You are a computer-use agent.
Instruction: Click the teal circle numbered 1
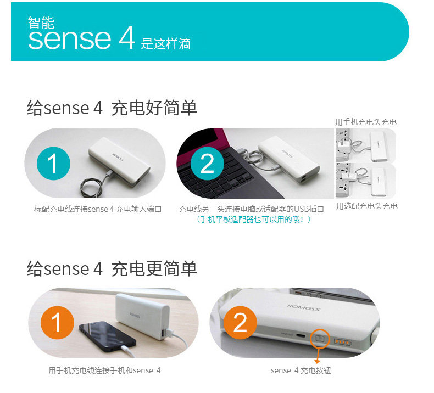53,164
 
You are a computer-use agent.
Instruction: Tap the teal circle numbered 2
207,164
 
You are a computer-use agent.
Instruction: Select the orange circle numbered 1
57,323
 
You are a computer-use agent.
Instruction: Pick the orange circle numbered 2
240,323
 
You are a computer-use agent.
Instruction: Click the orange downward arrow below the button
318,358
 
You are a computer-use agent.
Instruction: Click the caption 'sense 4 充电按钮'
301,370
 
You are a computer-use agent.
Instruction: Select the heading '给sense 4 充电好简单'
112,108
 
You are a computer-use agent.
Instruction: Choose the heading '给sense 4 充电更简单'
112,268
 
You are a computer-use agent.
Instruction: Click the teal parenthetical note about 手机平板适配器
254,220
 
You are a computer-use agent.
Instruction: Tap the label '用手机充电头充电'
366,122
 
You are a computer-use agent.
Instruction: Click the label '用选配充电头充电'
366,206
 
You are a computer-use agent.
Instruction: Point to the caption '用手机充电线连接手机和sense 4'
104,370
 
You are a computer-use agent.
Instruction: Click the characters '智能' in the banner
41,23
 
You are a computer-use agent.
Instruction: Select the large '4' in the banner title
126,38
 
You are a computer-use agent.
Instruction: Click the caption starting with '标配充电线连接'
98,209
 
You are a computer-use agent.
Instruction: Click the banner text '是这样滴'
166,44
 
